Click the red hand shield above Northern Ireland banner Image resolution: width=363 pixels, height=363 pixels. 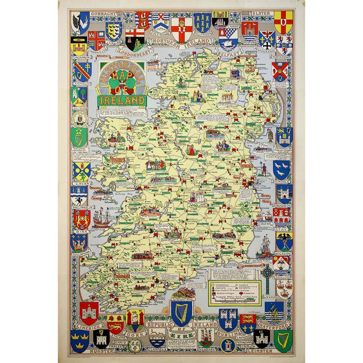pyautogui.click(x=182, y=30)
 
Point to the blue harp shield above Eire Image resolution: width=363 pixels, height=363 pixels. pyautogui.click(x=182, y=312)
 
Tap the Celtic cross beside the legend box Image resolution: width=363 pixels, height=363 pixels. pyautogui.click(x=267, y=279)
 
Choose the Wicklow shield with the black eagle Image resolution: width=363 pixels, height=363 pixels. pyautogui.click(x=284, y=241)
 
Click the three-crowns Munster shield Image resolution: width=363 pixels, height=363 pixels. pyautogui.click(x=80, y=340)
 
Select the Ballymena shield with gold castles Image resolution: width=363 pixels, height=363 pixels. pyautogui.click(x=202, y=23)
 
